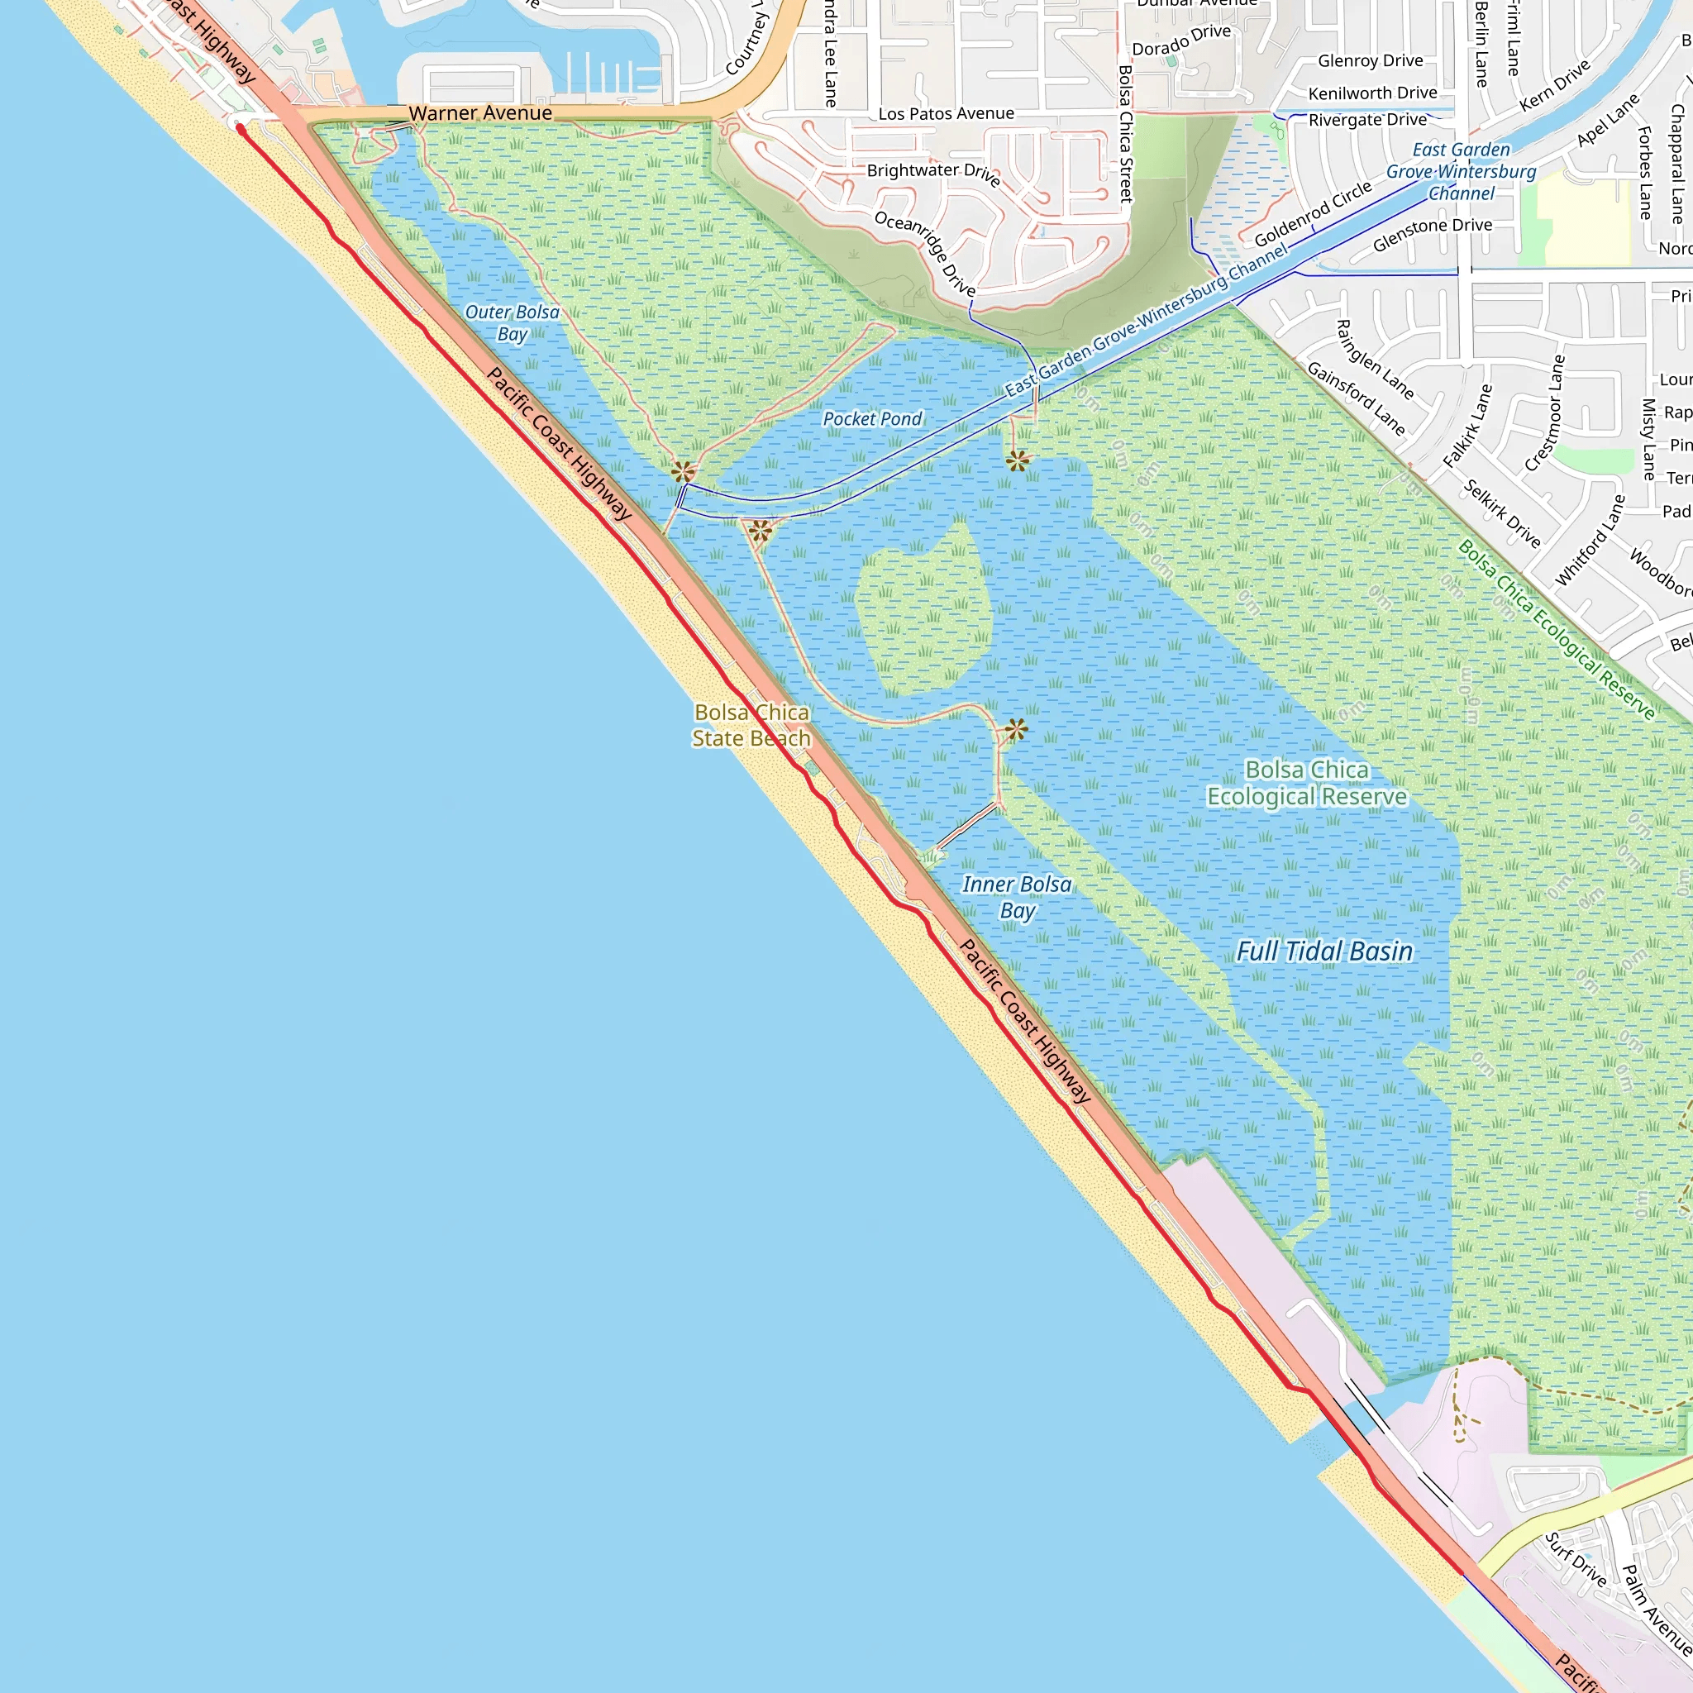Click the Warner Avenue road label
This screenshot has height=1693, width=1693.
pyautogui.click(x=480, y=113)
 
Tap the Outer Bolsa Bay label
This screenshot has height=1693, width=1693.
pyautogui.click(x=512, y=322)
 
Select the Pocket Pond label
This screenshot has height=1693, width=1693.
pyautogui.click(x=872, y=419)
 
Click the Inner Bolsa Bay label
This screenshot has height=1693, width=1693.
pyautogui.click(x=1017, y=897)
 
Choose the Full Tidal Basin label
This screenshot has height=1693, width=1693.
pyautogui.click(x=1324, y=951)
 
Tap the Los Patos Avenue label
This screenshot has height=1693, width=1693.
pyautogui.click(x=947, y=114)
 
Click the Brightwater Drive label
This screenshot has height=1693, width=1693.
pyautogui.click(x=933, y=172)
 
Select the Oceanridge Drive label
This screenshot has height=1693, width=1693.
pyautogui.click(x=925, y=252)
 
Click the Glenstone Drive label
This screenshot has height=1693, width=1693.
pyautogui.click(x=1432, y=235)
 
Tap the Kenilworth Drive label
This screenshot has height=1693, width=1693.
pyautogui.click(x=1372, y=93)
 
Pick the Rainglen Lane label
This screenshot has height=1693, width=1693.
pyautogui.click(x=1374, y=360)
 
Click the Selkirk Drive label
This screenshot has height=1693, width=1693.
pyautogui.click(x=1502, y=513)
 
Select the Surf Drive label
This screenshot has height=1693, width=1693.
pyautogui.click(x=1575, y=1560)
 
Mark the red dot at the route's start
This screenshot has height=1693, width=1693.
pyautogui.click(x=240, y=129)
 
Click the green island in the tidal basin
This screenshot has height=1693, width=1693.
pyautogui.click(x=924, y=613)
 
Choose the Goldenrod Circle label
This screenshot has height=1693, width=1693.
pyautogui.click(x=1313, y=215)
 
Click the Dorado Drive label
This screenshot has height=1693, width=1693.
pyautogui.click(x=1181, y=41)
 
